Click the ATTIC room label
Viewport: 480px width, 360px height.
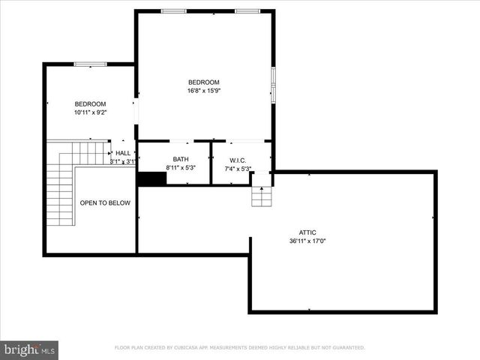coord(307,233)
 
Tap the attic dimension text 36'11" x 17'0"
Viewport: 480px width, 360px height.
coord(307,241)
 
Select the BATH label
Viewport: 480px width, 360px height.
coord(181,159)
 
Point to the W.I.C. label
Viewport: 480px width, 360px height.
coord(238,160)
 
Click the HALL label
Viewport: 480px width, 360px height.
coord(123,153)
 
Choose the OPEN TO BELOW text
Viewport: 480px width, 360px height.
coord(105,203)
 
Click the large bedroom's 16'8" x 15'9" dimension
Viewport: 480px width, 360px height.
coord(203,91)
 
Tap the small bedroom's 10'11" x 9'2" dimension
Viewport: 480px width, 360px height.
coord(90,112)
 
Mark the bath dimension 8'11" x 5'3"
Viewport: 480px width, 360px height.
coord(181,168)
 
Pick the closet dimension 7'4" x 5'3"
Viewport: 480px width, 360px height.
coord(238,169)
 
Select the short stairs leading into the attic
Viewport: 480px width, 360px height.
coord(261,196)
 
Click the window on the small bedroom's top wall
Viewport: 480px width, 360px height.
coord(90,64)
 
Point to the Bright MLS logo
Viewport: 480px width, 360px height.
coord(30,349)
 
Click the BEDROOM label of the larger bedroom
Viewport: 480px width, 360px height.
coord(203,82)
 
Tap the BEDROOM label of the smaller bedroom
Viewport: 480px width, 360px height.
coord(90,103)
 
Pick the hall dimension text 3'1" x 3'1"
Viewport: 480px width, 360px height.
coord(122,161)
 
